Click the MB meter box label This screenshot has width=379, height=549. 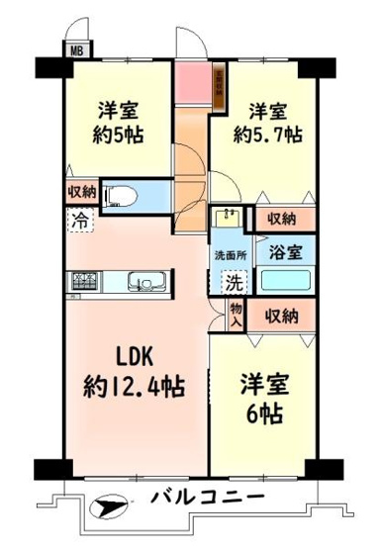coord(74,48)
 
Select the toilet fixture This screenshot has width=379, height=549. coord(123,194)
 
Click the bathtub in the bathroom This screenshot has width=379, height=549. coord(286,281)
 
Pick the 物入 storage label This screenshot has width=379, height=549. coord(237,315)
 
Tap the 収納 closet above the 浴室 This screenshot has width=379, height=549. coord(286,219)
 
